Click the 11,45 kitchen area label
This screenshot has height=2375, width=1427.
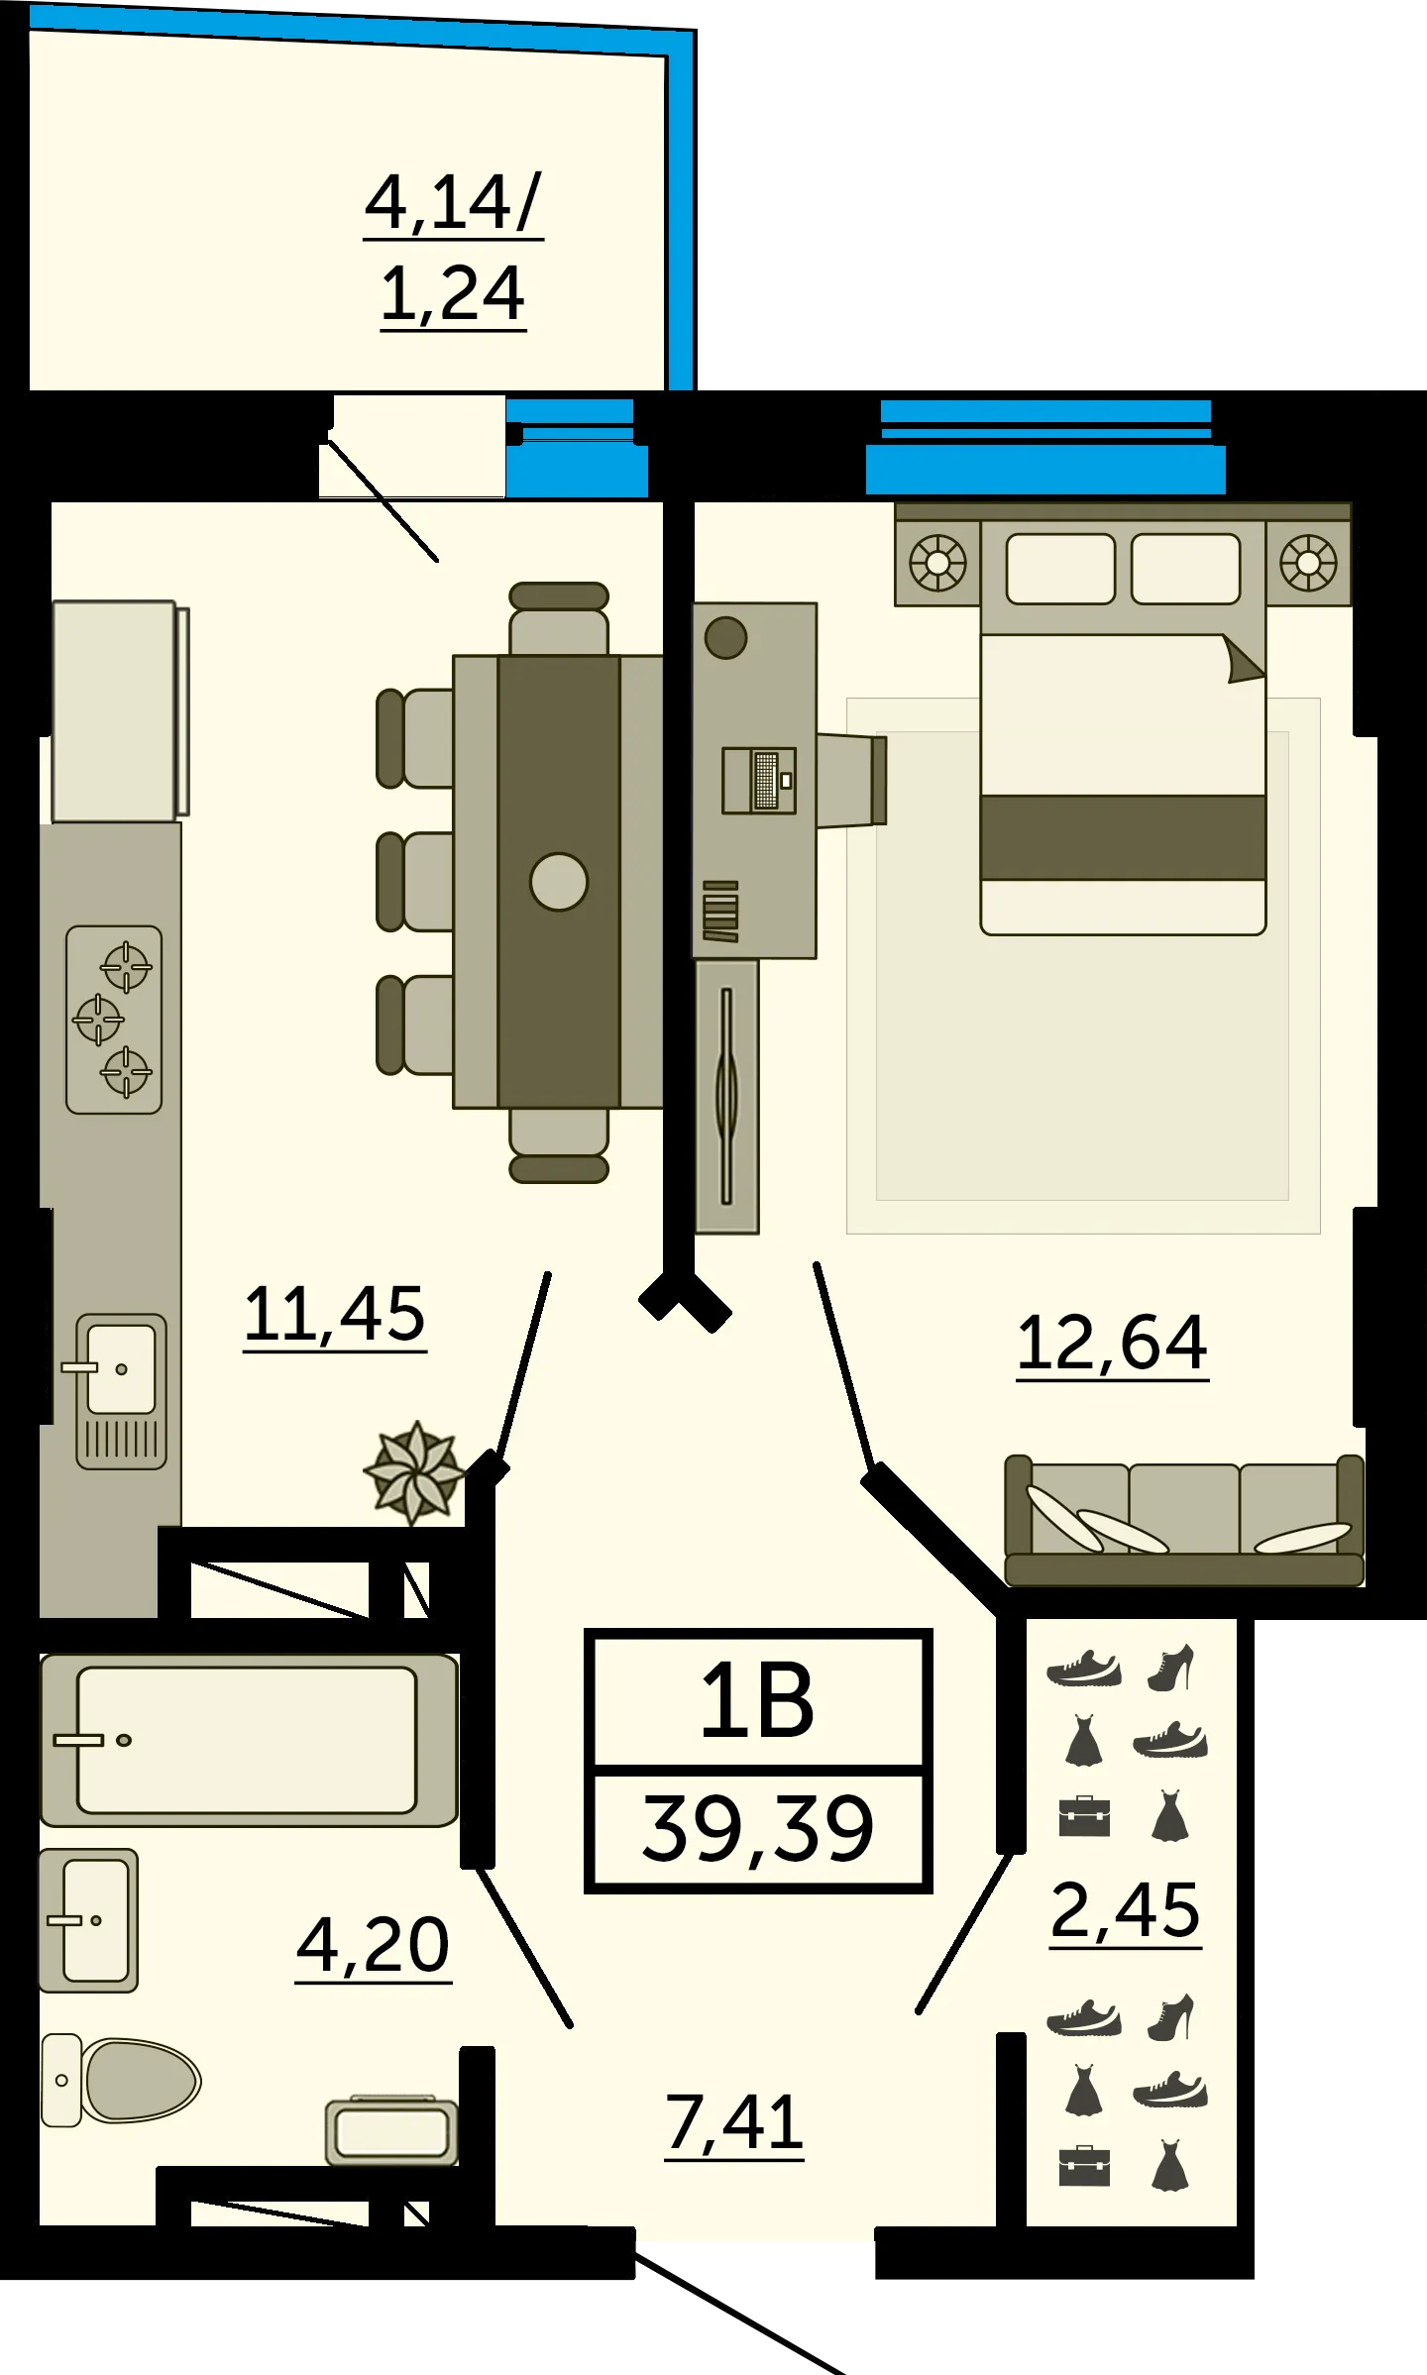pyautogui.click(x=335, y=1315)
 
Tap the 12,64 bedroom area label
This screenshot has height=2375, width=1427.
pyautogui.click(x=1112, y=1344)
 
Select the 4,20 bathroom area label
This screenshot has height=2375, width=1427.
pyautogui.click(x=374, y=1946)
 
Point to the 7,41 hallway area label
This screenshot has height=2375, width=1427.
pyautogui.click(x=733, y=2123)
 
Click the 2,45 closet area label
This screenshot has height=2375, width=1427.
pyautogui.click(x=1125, y=1910)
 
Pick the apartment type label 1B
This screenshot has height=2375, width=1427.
pyautogui.click(x=757, y=1701)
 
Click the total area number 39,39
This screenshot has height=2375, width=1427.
pyautogui.click(x=758, y=1829)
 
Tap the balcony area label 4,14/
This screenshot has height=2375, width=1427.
pyautogui.click(x=453, y=203)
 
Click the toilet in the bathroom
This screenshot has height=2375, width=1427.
pyautogui.click(x=121, y=2081)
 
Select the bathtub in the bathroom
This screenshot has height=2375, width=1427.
pyautogui.click(x=249, y=1740)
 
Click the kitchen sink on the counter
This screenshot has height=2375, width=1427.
pyautogui.click(x=121, y=1391)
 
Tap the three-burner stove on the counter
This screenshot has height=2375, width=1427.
pyautogui.click(x=114, y=1020)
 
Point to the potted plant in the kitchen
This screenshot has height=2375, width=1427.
pyautogui.click(x=414, y=1473)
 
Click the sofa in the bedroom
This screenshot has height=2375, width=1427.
pyautogui.click(x=1184, y=1520)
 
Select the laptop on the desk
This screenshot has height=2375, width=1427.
pyautogui.click(x=759, y=781)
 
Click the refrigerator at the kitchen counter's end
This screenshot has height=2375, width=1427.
pyautogui.click(x=120, y=711)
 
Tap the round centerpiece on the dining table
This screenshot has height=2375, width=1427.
pyautogui.click(x=559, y=882)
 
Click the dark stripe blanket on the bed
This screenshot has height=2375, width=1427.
pyautogui.click(x=1123, y=837)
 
